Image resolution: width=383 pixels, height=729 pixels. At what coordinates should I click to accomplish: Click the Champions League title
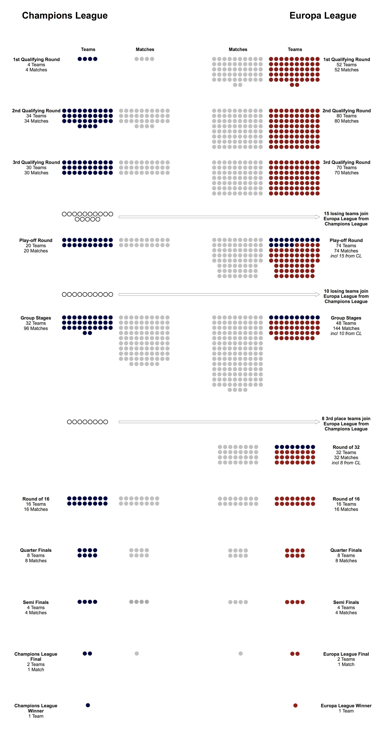[x=65, y=16]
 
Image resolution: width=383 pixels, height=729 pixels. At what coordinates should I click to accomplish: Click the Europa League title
[x=323, y=16]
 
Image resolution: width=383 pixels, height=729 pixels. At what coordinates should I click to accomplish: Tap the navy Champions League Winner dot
[x=88, y=705]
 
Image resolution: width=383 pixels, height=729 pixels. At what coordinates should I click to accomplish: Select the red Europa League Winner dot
[x=295, y=705]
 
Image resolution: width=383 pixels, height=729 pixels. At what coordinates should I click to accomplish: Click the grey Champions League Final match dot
[x=137, y=654]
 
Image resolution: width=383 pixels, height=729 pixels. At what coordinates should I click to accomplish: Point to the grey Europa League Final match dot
[x=241, y=654]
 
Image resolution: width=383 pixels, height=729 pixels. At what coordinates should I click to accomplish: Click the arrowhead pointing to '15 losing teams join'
[x=318, y=217]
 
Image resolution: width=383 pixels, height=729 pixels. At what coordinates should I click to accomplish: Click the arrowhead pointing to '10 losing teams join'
[x=318, y=294]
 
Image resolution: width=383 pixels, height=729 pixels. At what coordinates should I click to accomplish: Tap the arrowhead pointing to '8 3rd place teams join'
[x=318, y=422]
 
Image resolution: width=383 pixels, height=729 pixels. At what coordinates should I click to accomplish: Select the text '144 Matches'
[x=346, y=328]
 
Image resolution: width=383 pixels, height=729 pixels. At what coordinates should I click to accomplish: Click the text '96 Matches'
[x=36, y=328]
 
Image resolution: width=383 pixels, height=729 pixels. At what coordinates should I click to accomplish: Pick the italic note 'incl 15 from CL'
[x=346, y=256]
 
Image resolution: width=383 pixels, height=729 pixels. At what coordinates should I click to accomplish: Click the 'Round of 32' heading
[x=346, y=447]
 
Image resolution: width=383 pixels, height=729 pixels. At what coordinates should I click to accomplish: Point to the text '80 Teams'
[x=347, y=116]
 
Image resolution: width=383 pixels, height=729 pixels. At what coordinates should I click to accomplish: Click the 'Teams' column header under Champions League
[x=88, y=49]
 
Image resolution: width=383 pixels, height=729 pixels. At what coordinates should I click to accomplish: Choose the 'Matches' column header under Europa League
[x=238, y=49]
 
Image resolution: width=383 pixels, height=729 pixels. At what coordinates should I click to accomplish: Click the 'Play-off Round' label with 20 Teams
[x=36, y=240]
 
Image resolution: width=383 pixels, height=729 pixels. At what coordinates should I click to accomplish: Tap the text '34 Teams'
[x=36, y=116]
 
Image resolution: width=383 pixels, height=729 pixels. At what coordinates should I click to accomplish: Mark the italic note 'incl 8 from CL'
[x=346, y=463]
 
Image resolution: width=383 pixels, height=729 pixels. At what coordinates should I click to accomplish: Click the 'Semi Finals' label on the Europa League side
[x=346, y=602]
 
